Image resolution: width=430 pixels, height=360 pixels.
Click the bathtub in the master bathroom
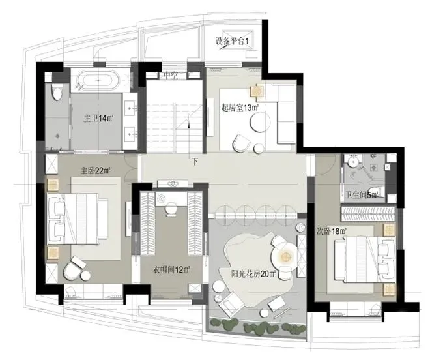coord(98,80)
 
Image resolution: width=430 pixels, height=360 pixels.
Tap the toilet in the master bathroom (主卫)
coord(57,92)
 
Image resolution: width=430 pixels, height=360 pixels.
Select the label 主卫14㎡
coord(99,119)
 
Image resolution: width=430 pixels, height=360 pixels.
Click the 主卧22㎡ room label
coord(95,171)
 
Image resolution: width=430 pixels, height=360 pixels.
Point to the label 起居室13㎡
coord(240,108)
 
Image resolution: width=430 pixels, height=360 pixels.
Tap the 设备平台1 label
coord(232,42)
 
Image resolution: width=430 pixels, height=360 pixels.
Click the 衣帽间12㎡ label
coord(171,270)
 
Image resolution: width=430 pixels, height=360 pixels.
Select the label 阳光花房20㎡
coord(253,273)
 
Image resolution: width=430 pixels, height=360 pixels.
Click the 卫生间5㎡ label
coord(361,195)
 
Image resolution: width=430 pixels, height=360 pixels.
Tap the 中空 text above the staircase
coord(170,75)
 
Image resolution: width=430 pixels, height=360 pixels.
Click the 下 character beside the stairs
coord(195,162)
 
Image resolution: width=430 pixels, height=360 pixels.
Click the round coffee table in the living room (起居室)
coord(260,122)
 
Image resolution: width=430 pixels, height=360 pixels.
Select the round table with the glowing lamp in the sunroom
coord(284,256)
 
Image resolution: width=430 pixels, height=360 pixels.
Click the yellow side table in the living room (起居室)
coord(257,91)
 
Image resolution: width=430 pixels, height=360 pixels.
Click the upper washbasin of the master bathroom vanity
coord(130,108)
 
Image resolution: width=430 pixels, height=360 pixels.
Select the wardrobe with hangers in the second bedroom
coord(368,214)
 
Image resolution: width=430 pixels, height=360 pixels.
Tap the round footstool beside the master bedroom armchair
coord(85,276)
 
